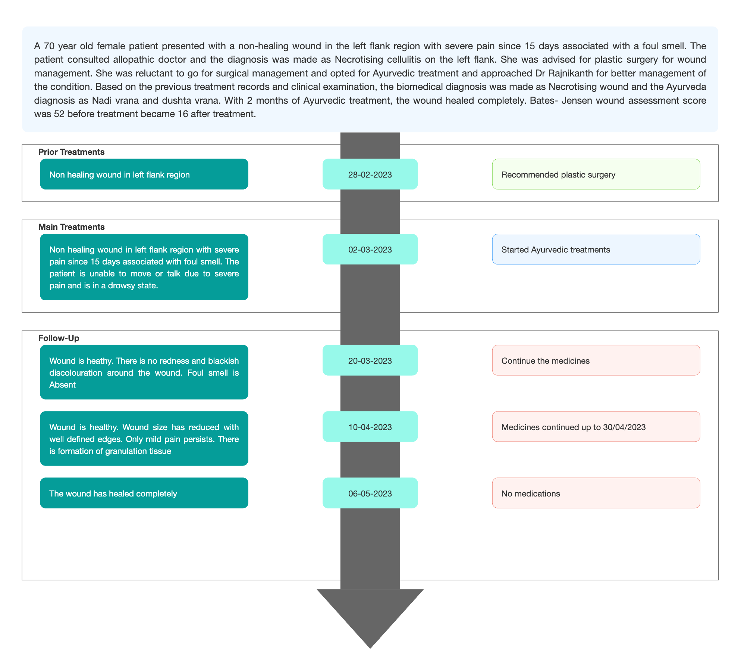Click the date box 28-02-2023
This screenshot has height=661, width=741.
[x=370, y=174]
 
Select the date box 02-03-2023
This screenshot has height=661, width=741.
[x=370, y=249]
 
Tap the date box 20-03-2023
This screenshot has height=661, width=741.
[x=370, y=360]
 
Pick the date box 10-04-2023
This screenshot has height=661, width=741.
[x=370, y=427]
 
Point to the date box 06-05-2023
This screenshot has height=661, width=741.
[x=370, y=493]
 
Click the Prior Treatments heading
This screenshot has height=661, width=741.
[x=71, y=152]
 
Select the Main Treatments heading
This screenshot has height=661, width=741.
[x=71, y=227]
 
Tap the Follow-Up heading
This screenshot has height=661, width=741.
[x=59, y=338]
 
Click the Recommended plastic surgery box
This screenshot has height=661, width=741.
[x=596, y=174]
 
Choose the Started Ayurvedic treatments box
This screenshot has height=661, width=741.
[x=596, y=249]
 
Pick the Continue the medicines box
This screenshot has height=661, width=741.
[x=596, y=360]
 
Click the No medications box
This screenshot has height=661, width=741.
[x=596, y=493]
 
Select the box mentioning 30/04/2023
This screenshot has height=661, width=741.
[x=596, y=427]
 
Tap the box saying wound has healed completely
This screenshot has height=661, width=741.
[x=144, y=493]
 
